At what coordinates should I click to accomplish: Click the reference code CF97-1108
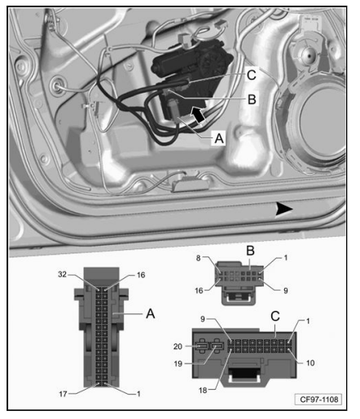point(318,399)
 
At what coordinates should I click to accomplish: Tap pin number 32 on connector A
point(62,274)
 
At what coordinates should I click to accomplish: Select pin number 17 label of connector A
point(63,394)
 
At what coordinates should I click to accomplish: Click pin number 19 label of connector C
point(178,364)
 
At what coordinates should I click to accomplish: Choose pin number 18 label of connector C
point(203,391)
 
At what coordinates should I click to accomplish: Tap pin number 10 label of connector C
point(310,363)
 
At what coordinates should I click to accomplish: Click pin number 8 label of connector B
point(199,258)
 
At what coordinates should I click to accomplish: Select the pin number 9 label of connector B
point(286,290)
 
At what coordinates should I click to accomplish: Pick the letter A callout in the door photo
point(219,138)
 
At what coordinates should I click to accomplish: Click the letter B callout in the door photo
point(252,99)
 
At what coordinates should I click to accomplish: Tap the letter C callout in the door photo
point(252,75)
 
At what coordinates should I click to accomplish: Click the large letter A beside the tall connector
point(151,314)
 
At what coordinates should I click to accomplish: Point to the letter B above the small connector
point(250,251)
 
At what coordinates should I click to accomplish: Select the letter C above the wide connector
point(275,316)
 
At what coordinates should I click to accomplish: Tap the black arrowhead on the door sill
point(284,209)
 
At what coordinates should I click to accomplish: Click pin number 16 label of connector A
point(141,275)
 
